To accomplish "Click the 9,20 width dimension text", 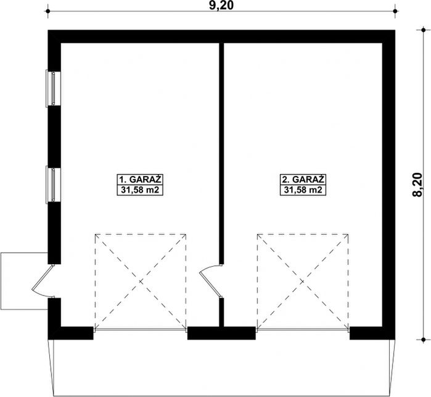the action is (x=221, y=6).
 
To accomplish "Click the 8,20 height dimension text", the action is (x=417, y=185).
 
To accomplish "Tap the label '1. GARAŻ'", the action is (x=140, y=180).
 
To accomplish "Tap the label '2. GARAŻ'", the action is (x=303, y=180).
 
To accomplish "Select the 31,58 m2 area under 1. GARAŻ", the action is (x=140, y=190).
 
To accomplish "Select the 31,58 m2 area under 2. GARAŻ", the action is (x=303, y=190).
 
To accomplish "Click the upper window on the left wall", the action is (x=53, y=88).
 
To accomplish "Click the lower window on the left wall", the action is (x=53, y=185).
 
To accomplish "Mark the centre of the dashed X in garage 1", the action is (x=141, y=282).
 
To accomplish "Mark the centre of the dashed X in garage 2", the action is (x=303, y=282).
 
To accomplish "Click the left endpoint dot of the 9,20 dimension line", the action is (x=48, y=11).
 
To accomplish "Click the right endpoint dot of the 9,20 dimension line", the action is (x=395, y=11).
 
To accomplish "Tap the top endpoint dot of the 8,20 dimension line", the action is (x=423, y=30).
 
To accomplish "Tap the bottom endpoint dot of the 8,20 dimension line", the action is (x=423, y=340).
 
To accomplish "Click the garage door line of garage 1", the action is (x=141, y=329).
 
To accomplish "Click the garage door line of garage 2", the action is (x=303, y=329).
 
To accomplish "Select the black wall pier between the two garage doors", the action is (x=221, y=333).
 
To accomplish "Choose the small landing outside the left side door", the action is (x=24, y=281).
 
